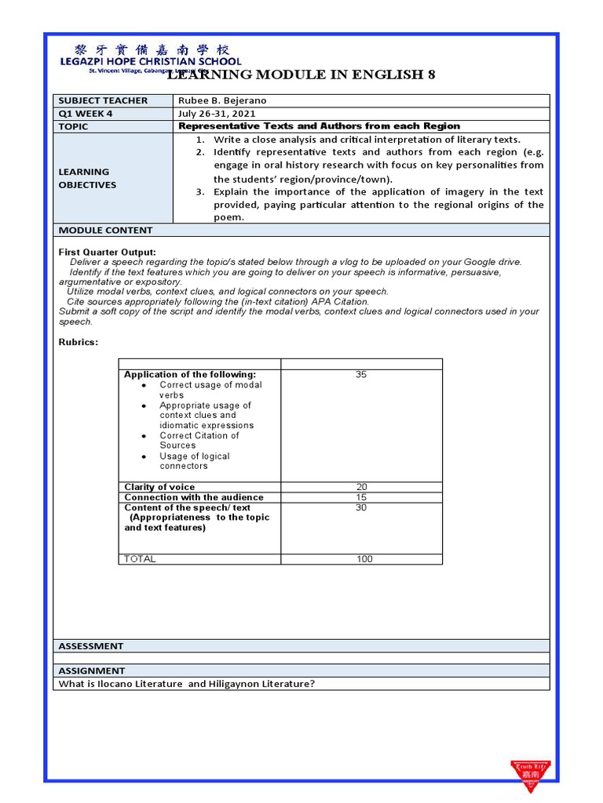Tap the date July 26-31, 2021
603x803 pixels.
[x=217, y=113]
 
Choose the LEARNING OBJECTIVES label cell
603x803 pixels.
[x=88, y=178]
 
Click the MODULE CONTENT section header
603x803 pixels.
[x=105, y=231]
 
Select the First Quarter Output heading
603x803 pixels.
[x=108, y=252]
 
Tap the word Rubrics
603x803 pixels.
[x=79, y=342]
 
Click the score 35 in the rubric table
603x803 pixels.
[x=360, y=375]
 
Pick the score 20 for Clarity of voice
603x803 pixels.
[x=361, y=487]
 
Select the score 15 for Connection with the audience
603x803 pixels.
[x=361, y=497]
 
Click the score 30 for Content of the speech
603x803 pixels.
[x=361, y=507]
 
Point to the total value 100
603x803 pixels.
[x=361, y=559]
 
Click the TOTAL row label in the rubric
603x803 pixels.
[x=140, y=559]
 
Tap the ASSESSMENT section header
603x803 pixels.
[x=91, y=646]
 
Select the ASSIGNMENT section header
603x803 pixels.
[x=92, y=670]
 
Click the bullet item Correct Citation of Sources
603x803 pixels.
[x=199, y=440]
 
